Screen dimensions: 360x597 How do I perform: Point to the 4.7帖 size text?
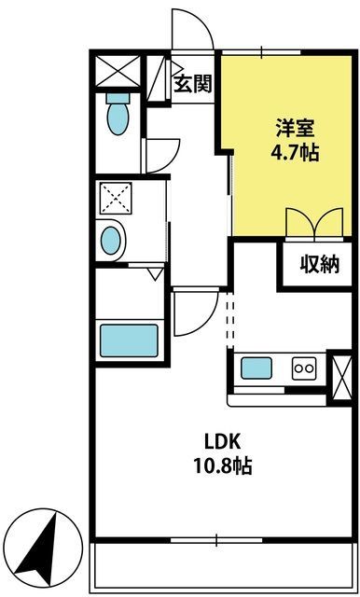click(x=295, y=153)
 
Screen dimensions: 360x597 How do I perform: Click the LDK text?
click(x=223, y=442)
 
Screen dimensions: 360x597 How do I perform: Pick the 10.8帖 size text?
click(x=223, y=465)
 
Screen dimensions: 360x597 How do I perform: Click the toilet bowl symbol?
click(x=118, y=114)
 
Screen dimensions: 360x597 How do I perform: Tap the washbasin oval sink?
click(x=113, y=241)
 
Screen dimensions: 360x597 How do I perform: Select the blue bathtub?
click(x=129, y=340)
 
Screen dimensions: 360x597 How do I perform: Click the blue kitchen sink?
click(x=256, y=368)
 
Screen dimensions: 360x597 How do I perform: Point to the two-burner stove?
click(x=304, y=368)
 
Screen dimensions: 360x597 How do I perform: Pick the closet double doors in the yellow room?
click(x=314, y=223)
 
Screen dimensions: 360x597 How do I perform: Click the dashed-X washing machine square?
click(x=116, y=198)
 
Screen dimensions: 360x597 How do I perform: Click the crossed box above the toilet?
click(x=118, y=71)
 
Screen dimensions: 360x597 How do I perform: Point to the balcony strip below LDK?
click(x=223, y=567)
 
